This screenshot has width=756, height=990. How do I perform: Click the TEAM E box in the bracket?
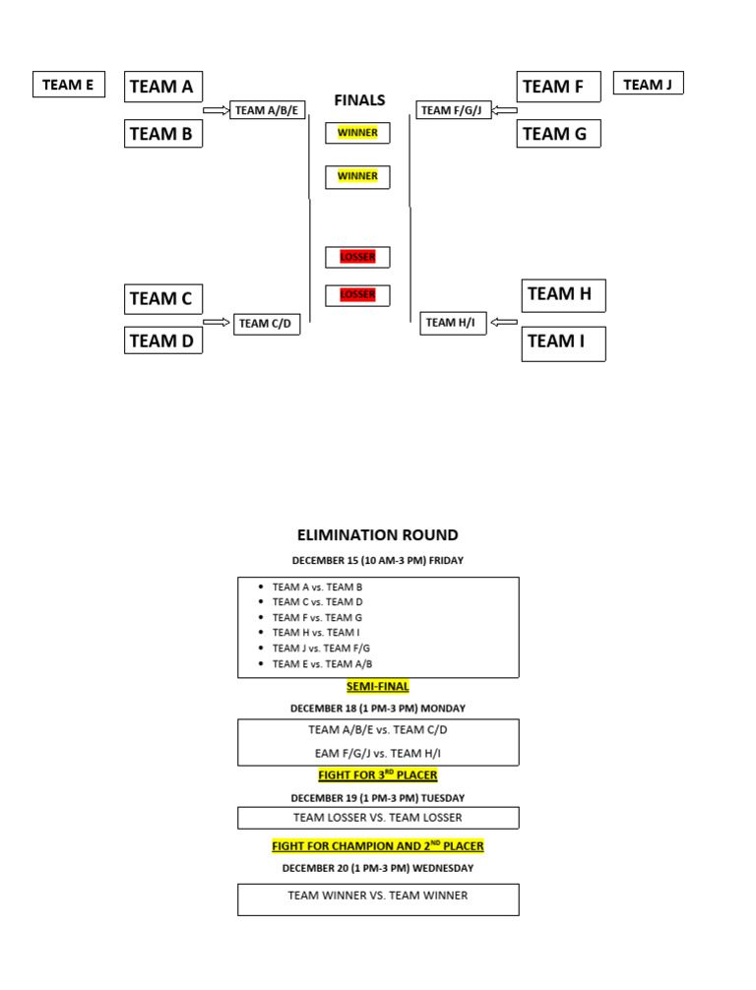68,85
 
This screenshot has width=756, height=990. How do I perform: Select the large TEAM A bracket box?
162,87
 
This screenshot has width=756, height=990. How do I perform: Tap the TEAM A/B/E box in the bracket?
267,110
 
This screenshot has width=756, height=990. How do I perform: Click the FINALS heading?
359,99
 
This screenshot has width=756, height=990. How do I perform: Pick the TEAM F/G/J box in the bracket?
452,110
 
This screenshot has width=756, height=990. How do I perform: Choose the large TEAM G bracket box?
558,134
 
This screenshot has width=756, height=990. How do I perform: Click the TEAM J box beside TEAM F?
648,85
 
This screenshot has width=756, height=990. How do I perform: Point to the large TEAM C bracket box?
162,298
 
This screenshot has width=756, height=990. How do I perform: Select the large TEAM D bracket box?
162,340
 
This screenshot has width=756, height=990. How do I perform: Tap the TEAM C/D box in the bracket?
266,323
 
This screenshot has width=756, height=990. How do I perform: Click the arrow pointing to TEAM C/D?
216,322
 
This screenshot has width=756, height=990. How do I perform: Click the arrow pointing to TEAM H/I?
503,322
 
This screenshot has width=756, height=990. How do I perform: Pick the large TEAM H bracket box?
562,294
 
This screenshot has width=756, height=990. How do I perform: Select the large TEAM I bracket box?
562,342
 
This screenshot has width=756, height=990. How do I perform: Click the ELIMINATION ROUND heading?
378,535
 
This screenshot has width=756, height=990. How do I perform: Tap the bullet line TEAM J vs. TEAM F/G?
321,649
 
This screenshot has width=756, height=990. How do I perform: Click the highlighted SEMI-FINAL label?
378,687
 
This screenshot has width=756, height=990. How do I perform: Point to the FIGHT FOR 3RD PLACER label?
378,775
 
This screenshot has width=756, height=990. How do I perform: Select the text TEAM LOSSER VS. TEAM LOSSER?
378,818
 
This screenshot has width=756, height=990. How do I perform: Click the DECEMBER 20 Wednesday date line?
378,869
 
